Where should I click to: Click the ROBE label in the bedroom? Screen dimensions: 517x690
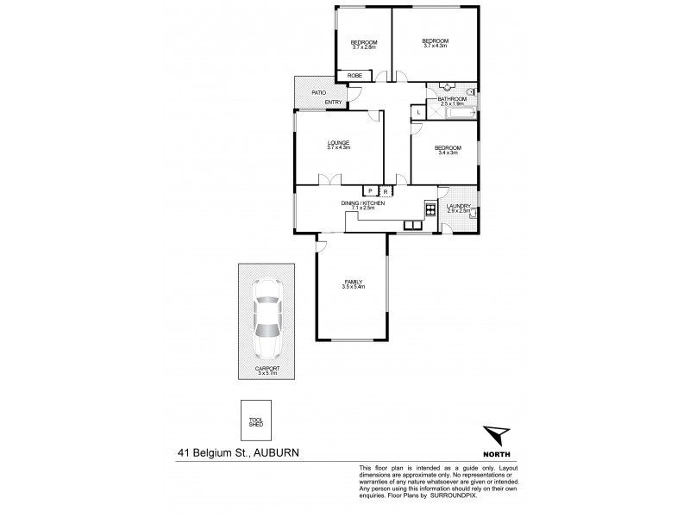[354, 76]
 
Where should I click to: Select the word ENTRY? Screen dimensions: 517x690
[333, 103]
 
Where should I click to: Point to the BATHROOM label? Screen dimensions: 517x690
[451, 99]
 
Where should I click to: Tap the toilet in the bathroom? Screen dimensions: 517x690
[471, 90]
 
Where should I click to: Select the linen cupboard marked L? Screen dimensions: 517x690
[418, 112]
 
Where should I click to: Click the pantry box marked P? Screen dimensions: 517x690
[369, 191]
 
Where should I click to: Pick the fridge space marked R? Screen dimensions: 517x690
[385, 191]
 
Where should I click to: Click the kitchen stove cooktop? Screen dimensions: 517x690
[430, 208]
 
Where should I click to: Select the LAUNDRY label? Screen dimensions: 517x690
[458, 206]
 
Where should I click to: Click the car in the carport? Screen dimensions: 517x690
[267, 320]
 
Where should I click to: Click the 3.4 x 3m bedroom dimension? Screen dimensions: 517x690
[442, 153]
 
